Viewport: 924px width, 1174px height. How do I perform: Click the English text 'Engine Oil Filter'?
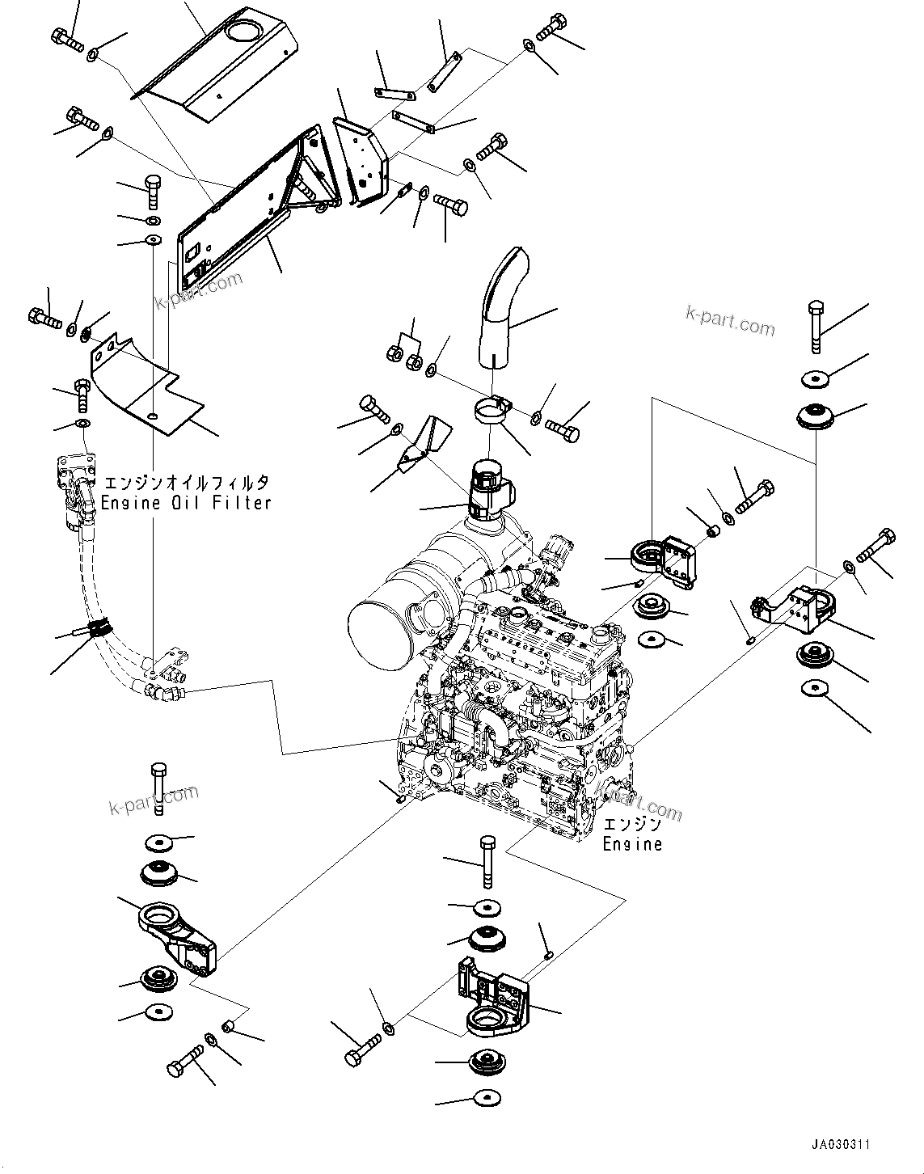pos(185,502)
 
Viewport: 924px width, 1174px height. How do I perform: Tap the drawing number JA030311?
pos(842,1145)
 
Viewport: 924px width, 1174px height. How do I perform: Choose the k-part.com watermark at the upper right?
pos(729,319)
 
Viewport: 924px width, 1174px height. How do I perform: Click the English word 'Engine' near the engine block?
pos(632,844)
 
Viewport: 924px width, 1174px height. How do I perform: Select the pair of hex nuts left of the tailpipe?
pos(403,352)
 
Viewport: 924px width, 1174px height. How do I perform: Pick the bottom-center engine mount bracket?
pos(493,1001)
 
